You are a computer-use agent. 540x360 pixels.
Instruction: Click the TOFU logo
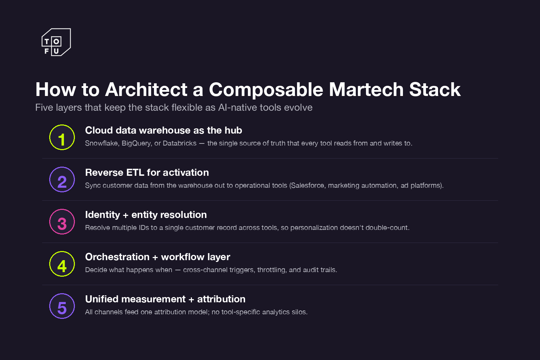pyautogui.click(x=56, y=42)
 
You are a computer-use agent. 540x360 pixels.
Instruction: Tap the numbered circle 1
pyautogui.click(x=62, y=137)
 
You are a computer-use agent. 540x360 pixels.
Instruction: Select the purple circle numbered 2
pyautogui.click(x=62, y=180)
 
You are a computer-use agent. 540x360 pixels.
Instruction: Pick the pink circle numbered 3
pyautogui.click(x=62, y=222)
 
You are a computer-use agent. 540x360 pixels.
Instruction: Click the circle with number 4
pyautogui.click(x=62, y=264)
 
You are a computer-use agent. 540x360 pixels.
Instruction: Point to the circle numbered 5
pyautogui.click(x=62, y=306)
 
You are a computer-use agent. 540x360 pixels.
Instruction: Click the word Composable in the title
pyautogui.click(x=266, y=90)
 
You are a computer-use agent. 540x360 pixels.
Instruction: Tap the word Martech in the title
pyautogui.click(x=366, y=90)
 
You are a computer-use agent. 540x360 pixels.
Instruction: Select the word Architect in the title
pyautogui.click(x=146, y=90)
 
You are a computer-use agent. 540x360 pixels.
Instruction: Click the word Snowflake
pyautogui.click(x=101, y=143)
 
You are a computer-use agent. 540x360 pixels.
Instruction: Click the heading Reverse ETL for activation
pyautogui.click(x=147, y=173)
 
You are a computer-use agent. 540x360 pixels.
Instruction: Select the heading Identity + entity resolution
pyautogui.click(x=146, y=215)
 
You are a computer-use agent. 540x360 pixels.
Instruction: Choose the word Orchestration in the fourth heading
pyautogui.click(x=117, y=257)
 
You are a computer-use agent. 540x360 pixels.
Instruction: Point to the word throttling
pyautogui.click(x=271, y=270)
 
